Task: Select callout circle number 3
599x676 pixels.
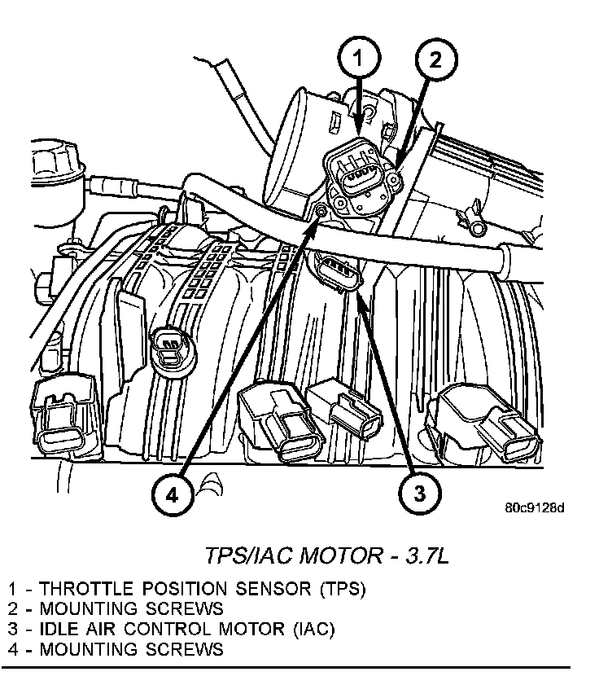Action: [x=418, y=491]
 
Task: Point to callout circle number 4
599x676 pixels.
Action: [x=172, y=491]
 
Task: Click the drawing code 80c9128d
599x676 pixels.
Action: [x=534, y=507]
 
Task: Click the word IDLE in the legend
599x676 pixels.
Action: [x=59, y=629]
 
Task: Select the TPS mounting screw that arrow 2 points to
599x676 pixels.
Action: [x=395, y=178]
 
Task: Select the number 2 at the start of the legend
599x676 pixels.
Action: [x=13, y=608]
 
